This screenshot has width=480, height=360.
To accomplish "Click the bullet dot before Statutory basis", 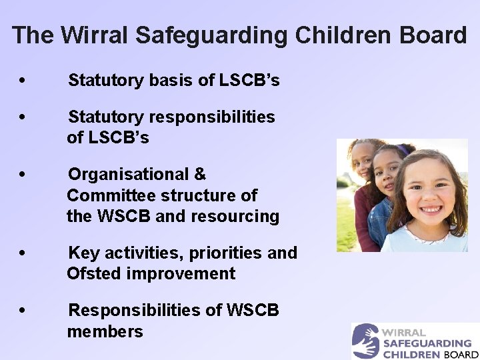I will [x=23, y=81].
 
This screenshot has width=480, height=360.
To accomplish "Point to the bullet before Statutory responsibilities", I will [x=23, y=117].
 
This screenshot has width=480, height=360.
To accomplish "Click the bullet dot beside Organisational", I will [x=23, y=175].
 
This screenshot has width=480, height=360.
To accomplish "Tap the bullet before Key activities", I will [x=23, y=253].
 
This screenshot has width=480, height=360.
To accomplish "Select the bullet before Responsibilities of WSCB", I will [x=23, y=311].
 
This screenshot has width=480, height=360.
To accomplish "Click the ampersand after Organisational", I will [x=200, y=175].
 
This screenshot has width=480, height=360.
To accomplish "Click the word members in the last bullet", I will [x=105, y=331].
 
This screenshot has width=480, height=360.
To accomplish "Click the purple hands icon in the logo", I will [x=365, y=341].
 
